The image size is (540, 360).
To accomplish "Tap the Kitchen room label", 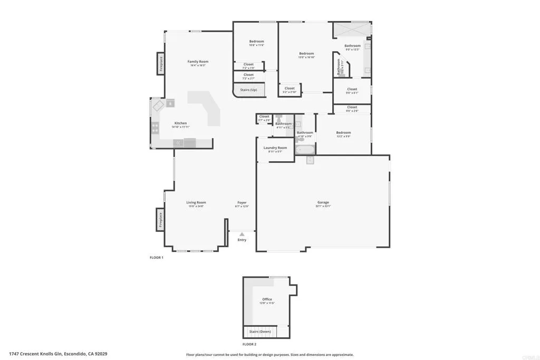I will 181,123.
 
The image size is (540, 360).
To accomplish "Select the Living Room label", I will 196,202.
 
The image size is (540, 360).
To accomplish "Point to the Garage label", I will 323,202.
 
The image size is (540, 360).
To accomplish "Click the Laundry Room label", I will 275,148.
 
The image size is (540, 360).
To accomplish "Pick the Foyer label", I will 242,202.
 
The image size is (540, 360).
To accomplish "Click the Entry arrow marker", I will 242,233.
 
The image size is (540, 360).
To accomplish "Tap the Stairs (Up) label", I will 248,90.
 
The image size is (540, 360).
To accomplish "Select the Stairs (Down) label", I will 260,332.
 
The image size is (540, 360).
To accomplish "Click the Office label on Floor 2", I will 267,299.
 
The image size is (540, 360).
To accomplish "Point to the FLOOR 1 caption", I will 157,258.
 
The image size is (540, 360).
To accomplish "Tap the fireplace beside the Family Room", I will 160,64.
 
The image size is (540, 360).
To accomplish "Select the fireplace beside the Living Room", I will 160,219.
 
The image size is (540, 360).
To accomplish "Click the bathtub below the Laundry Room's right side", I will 305,150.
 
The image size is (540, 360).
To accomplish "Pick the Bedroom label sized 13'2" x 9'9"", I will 343,133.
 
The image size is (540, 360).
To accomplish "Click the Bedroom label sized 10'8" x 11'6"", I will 256,41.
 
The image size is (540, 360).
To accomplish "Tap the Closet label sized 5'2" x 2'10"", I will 290,89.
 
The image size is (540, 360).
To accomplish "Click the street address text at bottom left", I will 62,354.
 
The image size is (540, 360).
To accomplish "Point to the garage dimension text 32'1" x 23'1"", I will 323,207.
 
